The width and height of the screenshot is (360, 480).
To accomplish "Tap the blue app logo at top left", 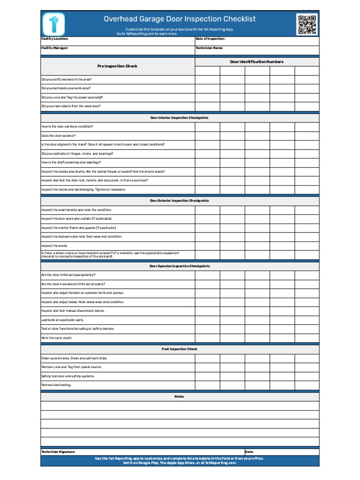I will coord(53,23).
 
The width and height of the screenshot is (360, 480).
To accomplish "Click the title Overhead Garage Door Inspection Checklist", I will coord(180,19).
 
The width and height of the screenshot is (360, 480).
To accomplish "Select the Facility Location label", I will coord(54,39).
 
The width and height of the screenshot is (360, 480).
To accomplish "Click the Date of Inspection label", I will coord(210,39).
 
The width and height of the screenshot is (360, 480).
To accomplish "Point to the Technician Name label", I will coord(209,48).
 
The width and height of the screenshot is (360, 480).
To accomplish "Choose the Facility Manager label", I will coord(54,48).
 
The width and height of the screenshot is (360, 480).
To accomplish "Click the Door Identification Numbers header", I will coord(256,61).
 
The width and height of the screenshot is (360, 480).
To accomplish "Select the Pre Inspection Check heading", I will coord(117,66).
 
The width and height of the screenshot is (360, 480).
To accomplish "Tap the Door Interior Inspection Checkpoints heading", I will coord(179,118).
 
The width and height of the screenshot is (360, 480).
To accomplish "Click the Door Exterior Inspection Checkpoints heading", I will coord(179,201).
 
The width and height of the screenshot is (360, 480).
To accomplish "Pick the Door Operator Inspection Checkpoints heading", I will coord(179,266).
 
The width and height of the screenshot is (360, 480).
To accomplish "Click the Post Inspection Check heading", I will coord(179,349).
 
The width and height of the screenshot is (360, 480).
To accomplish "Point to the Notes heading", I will coord(179,397).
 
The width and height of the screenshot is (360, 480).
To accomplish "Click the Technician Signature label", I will coord(58,451).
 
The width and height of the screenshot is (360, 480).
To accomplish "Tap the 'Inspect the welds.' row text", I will coord(54,246).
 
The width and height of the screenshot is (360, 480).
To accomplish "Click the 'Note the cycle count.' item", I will coord(57,337).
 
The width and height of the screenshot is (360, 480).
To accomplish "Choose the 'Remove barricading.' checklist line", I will coord(56,385).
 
